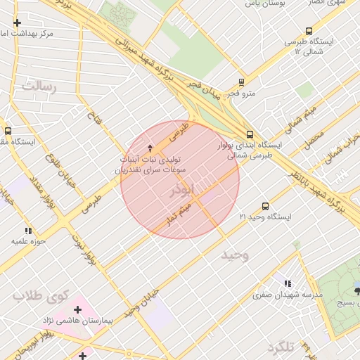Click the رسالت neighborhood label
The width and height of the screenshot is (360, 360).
click(38, 86)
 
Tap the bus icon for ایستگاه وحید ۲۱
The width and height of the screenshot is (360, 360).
click(265, 206)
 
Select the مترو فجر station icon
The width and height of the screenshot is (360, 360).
click(241, 82)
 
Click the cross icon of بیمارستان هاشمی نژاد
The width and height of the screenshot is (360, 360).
click(78, 309)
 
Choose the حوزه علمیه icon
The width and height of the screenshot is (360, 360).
click(28, 230)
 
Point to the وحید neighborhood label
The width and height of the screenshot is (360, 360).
click(234, 254)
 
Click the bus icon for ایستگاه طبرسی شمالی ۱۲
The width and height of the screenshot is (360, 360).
click(309, 31)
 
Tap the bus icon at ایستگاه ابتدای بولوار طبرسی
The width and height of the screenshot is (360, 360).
click(250, 135)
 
